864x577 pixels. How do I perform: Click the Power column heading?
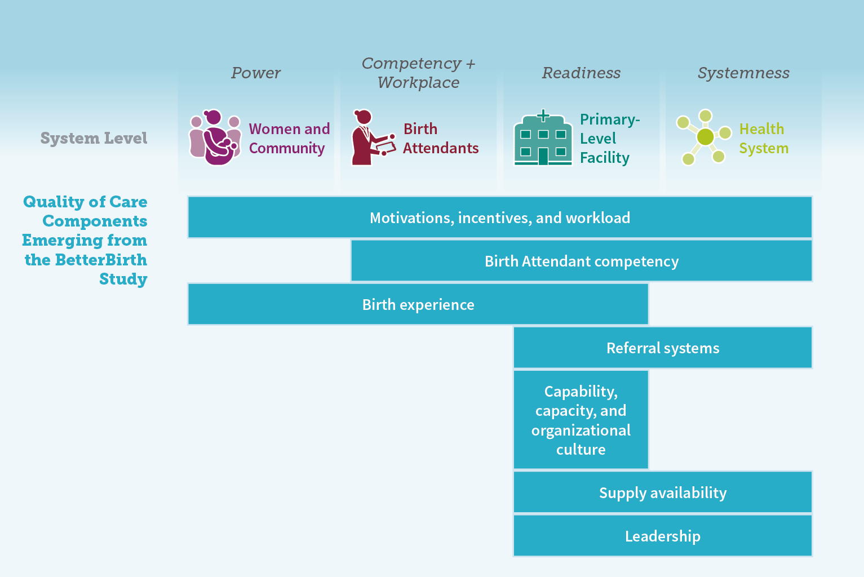pyautogui.click(x=256, y=73)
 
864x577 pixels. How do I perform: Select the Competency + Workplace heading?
pyautogui.click(x=419, y=73)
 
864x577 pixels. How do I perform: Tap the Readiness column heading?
pyautogui.click(x=581, y=73)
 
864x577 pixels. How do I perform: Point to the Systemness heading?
pyautogui.click(x=743, y=73)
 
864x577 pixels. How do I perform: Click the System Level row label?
pyautogui.click(x=94, y=138)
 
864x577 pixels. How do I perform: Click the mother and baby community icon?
pyautogui.click(x=215, y=137)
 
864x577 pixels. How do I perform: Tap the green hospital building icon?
pyautogui.click(x=543, y=138)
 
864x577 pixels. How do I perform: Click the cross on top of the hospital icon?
pyautogui.click(x=543, y=116)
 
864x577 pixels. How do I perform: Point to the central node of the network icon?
pyautogui.click(x=706, y=137)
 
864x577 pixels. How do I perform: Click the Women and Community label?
pyautogui.click(x=289, y=138)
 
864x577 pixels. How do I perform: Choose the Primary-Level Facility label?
pyautogui.click(x=610, y=139)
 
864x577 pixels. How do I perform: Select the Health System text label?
pyautogui.click(x=764, y=138)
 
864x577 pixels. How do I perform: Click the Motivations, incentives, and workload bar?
pyautogui.click(x=500, y=217)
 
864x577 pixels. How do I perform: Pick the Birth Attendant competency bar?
pyautogui.click(x=582, y=261)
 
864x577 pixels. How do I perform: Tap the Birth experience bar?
pyautogui.click(x=418, y=304)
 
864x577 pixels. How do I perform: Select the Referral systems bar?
pyautogui.click(x=663, y=348)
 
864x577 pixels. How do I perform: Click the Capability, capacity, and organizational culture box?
pyautogui.click(x=581, y=420)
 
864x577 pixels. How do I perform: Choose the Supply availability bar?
pyautogui.click(x=663, y=492)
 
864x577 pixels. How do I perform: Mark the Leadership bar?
pyautogui.click(x=663, y=536)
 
